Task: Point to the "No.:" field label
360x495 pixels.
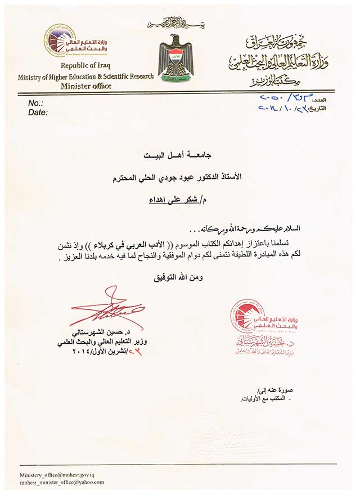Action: [35, 103]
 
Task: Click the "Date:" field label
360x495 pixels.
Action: [38, 112]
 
